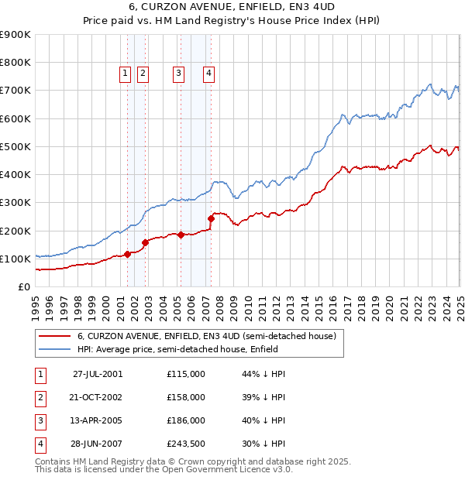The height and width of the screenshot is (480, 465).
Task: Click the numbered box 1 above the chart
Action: click(126, 74)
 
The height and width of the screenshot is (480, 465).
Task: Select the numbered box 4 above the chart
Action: click(209, 74)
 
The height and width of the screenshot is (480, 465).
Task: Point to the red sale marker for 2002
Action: click(145, 242)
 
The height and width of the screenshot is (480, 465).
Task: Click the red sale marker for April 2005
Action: click(181, 235)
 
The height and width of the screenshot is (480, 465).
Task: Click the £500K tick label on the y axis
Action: click(15, 146)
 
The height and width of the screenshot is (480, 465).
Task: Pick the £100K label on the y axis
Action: click(15, 259)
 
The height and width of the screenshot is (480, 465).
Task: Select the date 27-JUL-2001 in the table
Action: click(98, 374)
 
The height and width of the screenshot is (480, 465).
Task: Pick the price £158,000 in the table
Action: click(186, 397)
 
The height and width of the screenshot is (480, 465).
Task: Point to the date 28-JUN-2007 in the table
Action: click(98, 444)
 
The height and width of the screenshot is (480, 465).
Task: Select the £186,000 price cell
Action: click(186, 420)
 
